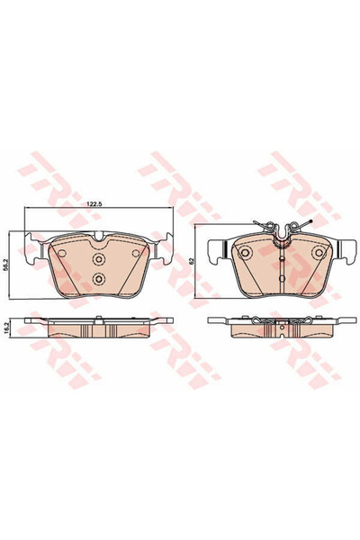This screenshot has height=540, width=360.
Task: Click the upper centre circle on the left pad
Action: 99,256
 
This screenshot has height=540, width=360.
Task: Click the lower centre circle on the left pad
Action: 99,277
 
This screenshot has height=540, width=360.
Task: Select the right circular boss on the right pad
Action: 318,255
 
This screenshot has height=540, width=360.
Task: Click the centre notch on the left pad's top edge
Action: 99,237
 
